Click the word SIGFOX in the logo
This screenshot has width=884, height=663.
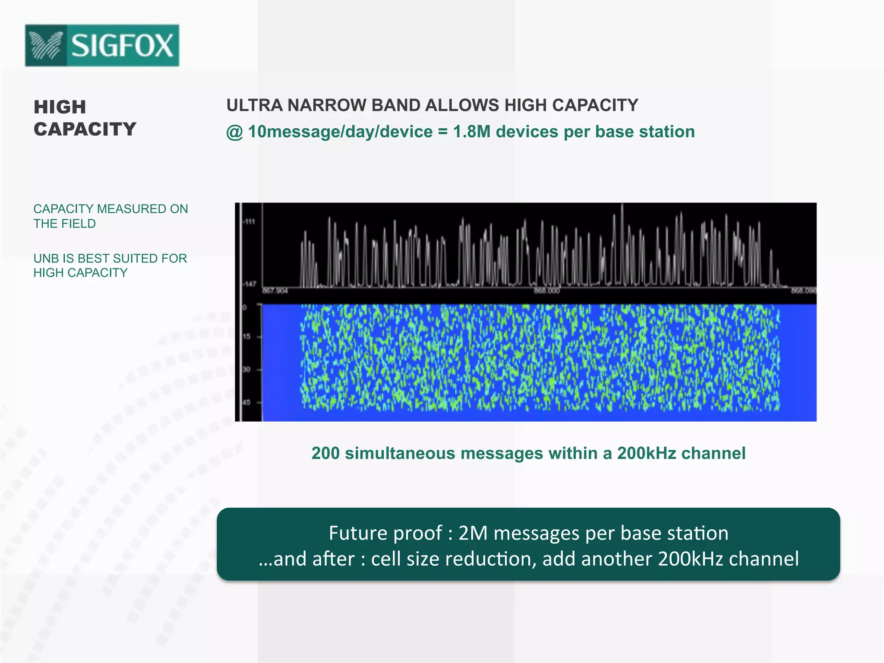(123, 45)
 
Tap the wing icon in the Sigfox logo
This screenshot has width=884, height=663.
(46, 46)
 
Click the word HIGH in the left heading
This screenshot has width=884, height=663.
(60, 107)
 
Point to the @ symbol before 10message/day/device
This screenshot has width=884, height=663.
(235, 132)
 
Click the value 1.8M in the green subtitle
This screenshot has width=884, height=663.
(472, 132)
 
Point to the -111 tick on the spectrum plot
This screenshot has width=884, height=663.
(249, 222)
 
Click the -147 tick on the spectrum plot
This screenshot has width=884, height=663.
(249, 284)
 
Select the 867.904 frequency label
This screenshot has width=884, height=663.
(275, 291)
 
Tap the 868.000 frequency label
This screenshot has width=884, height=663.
(546, 291)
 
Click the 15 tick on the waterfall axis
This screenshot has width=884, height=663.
(246, 337)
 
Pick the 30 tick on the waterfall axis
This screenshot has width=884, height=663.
(246, 369)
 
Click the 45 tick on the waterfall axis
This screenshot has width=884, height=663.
(246, 402)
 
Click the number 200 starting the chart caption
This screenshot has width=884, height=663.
(325, 453)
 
